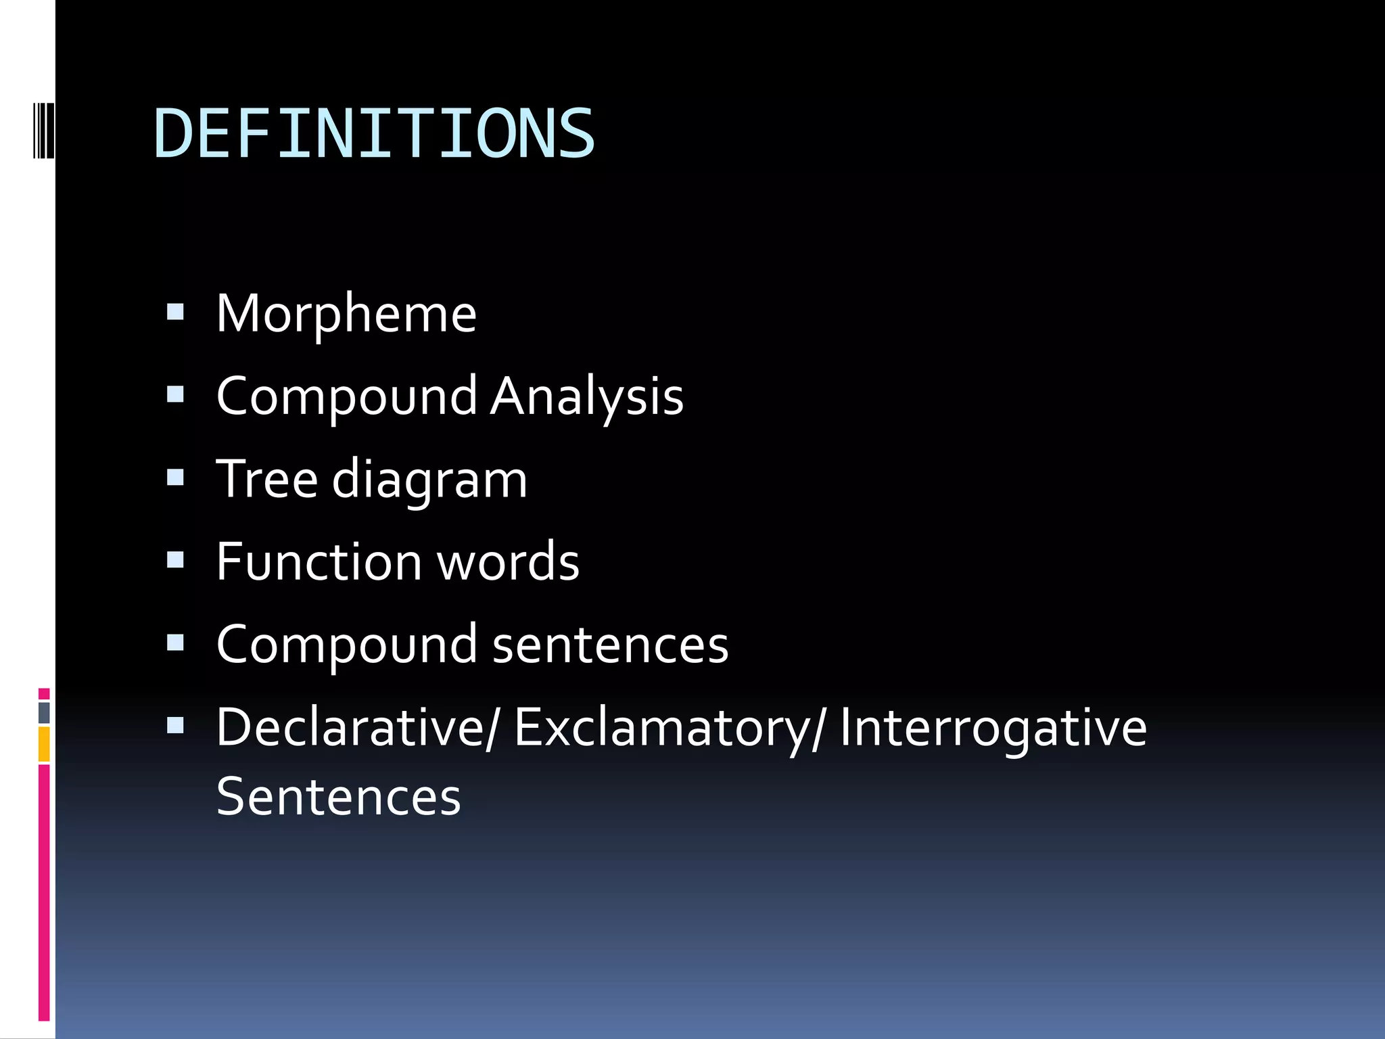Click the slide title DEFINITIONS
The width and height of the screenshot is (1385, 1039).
click(374, 134)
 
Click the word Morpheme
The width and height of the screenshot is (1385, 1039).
click(346, 314)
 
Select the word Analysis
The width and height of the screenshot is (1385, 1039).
click(586, 396)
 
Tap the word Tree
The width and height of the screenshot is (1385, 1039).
click(266, 479)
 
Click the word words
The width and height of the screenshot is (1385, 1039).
click(509, 561)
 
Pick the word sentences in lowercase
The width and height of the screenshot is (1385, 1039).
click(610, 645)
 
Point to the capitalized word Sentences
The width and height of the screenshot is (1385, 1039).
click(338, 797)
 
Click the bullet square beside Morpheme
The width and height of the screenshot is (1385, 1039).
click(175, 313)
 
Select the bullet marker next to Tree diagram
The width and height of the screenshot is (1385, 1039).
click(175, 478)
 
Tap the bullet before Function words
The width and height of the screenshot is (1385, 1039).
click(175, 560)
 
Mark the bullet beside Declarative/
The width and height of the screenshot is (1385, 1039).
click(175, 726)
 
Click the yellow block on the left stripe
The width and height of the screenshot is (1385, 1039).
click(44, 743)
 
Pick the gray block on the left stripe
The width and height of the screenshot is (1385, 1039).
click(44, 712)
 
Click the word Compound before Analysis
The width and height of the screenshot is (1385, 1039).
click(346, 398)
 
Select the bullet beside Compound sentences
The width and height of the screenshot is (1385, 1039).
click(175, 643)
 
